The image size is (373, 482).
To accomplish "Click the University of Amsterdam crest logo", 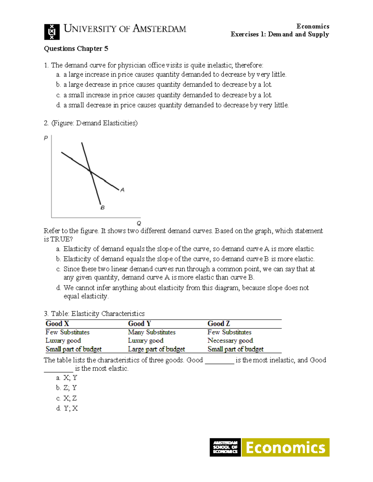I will pos(52,32).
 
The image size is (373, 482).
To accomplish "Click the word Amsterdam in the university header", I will pos(159,29).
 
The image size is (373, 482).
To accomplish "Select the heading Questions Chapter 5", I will pos(76,49).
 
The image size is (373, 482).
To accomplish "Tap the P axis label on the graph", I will pos(46,138).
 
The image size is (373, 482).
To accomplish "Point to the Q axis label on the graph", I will pos(139,223).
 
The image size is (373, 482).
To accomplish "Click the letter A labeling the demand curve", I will pos(122,190).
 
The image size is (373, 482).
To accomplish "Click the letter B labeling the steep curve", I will pos(102,208).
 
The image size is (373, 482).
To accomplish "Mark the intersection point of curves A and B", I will pos(90,171).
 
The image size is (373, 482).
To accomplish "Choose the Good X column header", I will pos(57,324).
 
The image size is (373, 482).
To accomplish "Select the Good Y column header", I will pos(139,324).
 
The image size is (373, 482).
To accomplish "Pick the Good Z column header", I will pos(219,324).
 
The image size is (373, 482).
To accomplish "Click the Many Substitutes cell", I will pos(152,332).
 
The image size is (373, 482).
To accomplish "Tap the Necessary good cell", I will pos(230,341).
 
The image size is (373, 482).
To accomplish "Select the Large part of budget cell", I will pos(156,349).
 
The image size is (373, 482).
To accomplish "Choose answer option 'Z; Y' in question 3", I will pos(70,388).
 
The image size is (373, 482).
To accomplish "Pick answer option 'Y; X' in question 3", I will pos(71,408).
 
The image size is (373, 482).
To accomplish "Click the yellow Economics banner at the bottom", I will pos(285,448).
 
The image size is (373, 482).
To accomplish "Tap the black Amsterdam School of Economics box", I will pos(225,448).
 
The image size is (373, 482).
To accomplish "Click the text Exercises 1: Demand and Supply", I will pos(279,34).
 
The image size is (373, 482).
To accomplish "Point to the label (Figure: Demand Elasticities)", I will pos(94,123).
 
